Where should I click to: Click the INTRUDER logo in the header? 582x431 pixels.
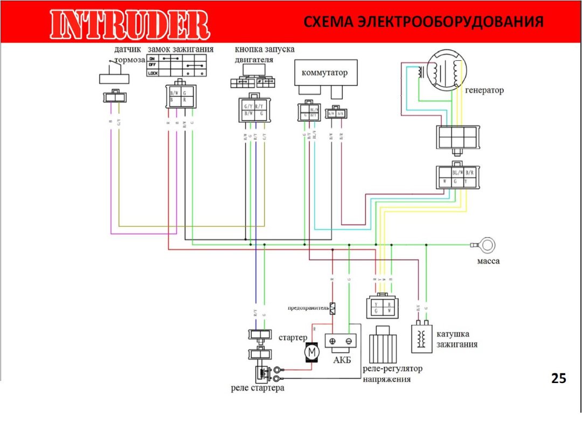click(129, 24)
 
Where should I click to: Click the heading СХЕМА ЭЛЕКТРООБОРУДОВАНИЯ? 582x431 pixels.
click(422, 22)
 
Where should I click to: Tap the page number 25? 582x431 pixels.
click(559, 379)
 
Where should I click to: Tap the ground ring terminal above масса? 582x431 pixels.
click(488, 245)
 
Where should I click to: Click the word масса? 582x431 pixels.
click(488, 261)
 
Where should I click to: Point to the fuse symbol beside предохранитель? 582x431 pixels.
click(332, 308)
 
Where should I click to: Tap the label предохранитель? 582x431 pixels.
click(308, 308)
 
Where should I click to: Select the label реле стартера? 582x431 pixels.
click(257, 388)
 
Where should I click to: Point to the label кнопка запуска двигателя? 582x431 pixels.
click(264, 54)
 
